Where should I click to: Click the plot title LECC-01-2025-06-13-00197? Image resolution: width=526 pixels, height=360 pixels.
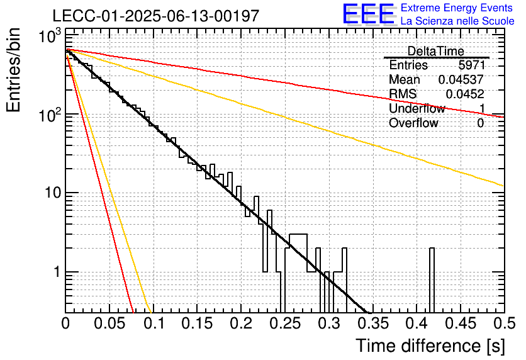156,16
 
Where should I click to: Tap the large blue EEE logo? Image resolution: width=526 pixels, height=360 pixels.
368,14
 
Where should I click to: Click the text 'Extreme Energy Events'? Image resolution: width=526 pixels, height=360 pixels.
457,8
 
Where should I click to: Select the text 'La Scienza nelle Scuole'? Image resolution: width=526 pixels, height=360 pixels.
457,21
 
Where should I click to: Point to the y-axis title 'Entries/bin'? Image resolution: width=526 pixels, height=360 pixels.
13,70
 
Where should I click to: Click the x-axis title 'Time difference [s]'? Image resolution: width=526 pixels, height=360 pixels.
430,346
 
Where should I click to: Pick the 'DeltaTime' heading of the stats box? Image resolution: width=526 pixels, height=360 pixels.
436,51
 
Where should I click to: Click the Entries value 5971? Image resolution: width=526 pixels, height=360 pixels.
472,65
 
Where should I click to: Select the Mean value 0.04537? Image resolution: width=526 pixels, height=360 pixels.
461,79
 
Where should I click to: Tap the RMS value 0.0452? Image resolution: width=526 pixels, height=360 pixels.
465,94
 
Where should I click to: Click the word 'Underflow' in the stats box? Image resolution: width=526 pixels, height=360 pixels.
417,108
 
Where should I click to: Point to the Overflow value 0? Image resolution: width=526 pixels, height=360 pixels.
480,123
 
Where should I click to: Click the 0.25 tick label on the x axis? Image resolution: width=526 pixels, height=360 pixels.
285,323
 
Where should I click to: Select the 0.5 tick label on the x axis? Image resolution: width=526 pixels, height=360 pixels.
505,323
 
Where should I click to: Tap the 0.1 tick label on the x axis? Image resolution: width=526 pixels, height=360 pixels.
154,323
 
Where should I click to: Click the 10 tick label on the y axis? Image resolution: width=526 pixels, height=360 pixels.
53,193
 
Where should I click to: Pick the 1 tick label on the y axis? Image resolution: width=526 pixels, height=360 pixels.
57,272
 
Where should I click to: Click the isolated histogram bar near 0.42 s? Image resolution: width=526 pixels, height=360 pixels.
432,280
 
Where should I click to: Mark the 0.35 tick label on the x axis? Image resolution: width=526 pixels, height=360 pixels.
373,323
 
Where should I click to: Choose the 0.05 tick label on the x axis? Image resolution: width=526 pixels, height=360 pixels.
110,323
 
